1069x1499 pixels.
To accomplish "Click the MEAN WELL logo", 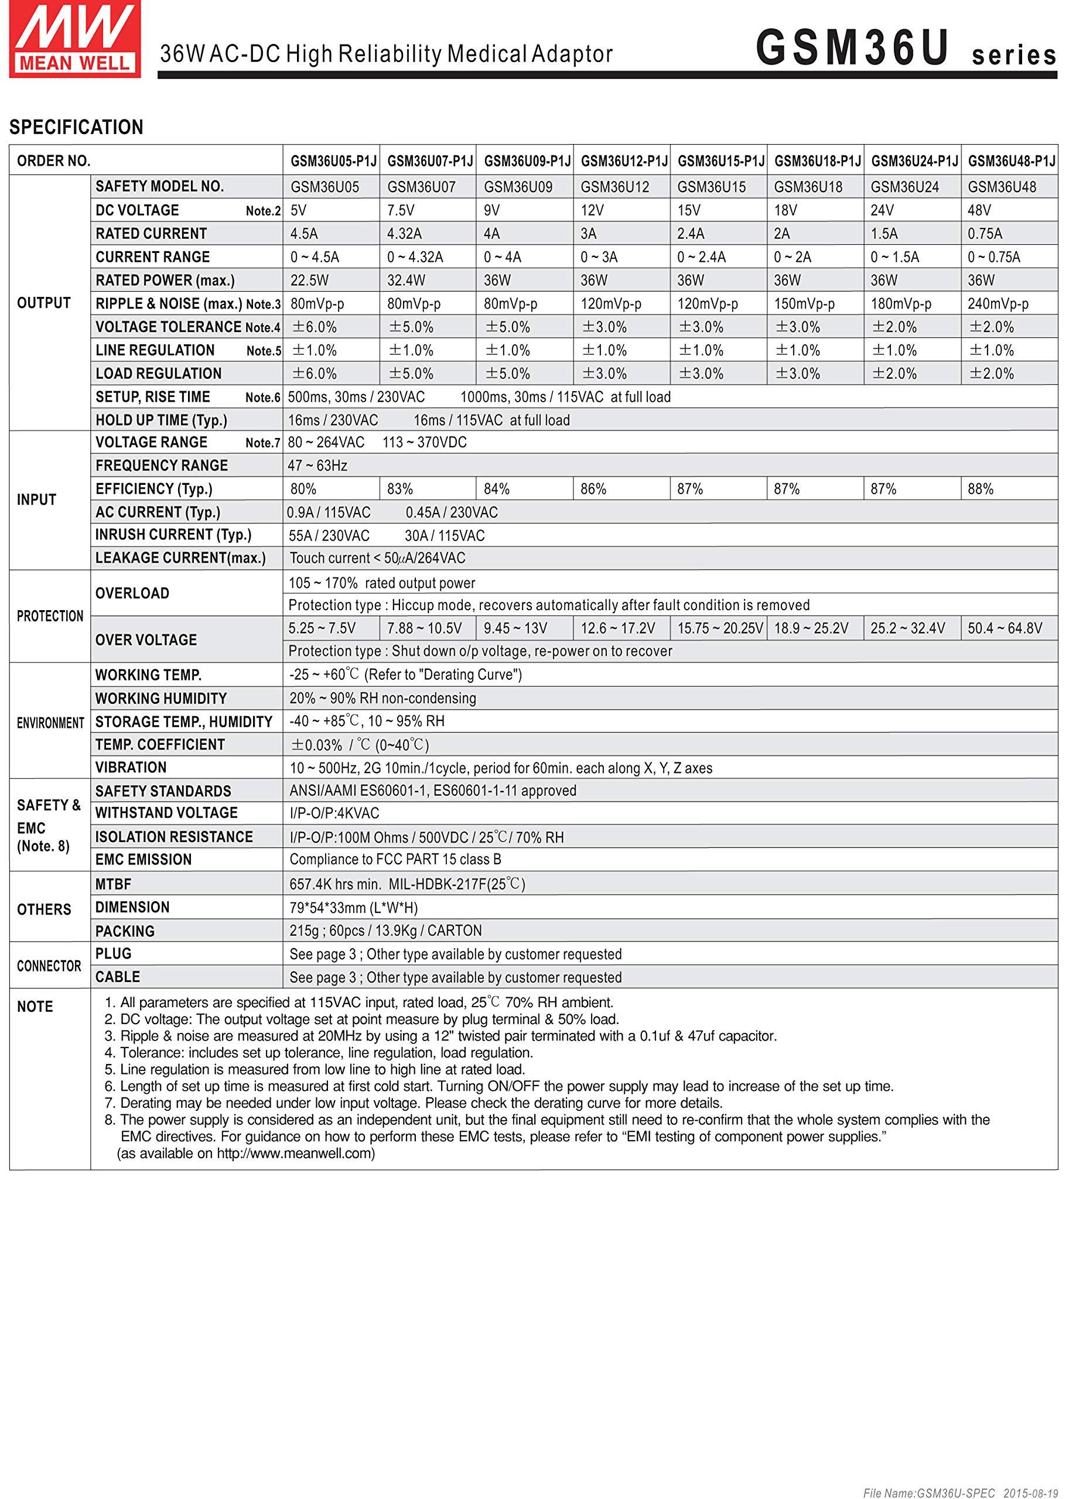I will (x=74, y=39).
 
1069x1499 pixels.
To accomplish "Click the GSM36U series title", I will (x=905, y=49).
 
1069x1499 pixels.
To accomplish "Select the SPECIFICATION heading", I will (x=76, y=127).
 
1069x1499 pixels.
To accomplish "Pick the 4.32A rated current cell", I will (x=404, y=234).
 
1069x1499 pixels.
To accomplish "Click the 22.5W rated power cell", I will (x=309, y=280).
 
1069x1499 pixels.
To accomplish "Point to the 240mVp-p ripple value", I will (x=998, y=304).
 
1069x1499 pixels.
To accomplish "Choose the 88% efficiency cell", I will (x=980, y=489).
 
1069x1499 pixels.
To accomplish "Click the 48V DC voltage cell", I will (x=979, y=211).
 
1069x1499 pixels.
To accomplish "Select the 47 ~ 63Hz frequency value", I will (x=317, y=466).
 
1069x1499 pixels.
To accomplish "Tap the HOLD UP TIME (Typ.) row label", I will (x=161, y=420).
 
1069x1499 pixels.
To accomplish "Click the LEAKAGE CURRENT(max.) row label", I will (x=180, y=558).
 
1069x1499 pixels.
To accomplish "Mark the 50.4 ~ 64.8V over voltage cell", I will (x=1005, y=628).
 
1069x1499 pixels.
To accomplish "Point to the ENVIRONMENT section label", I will (x=50, y=723).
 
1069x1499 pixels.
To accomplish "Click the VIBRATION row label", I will (x=131, y=767).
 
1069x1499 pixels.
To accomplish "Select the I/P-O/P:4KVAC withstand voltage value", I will (x=334, y=813).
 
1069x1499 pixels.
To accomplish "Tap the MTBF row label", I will (x=113, y=884).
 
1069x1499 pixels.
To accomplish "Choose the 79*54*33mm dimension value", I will (x=353, y=908).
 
